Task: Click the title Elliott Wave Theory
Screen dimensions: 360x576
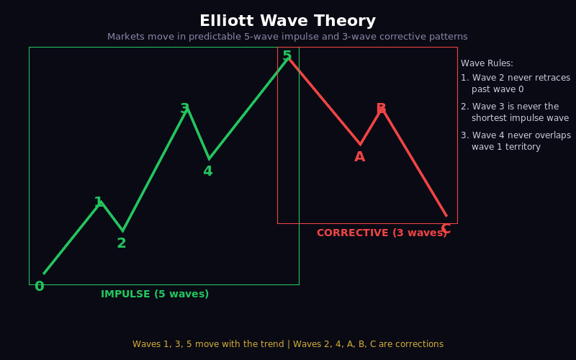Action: click(287, 21)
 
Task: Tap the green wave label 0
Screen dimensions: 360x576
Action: click(40, 287)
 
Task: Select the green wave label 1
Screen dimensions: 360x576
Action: click(99, 203)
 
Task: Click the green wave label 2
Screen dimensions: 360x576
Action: click(122, 243)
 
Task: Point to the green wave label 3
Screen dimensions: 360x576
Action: click(185, 109)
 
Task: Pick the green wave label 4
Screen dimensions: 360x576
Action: click(207, 171)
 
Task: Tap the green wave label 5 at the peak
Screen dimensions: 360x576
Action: click(287, 56)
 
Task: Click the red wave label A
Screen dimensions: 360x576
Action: click(359, 157)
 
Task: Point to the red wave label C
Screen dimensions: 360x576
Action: click(445, 229)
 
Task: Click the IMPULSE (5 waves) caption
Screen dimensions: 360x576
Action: click(155, 294)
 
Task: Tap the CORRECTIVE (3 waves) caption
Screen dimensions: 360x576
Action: click(382, 233)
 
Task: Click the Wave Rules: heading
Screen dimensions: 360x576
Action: click(487, 63)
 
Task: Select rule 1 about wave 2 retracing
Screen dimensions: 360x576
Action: click(516, 84)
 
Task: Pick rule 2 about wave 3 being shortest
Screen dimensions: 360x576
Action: click(515, 112)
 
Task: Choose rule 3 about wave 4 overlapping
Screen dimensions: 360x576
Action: click(516, 141)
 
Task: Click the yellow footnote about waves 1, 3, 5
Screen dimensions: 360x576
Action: click(287, 344)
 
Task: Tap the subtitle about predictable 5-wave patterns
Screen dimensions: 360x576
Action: click(287, 37)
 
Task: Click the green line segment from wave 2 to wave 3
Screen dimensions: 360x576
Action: click(154, 169)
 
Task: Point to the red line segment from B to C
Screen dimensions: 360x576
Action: click(414, 162)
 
